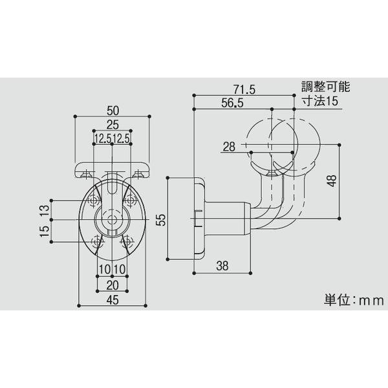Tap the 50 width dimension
coord(113,109)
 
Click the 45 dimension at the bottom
coord(113,299)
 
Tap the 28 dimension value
coord(229,147)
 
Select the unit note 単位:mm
coord(353,300)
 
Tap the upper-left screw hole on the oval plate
coord(96,198)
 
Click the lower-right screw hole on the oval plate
coord(128,241)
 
